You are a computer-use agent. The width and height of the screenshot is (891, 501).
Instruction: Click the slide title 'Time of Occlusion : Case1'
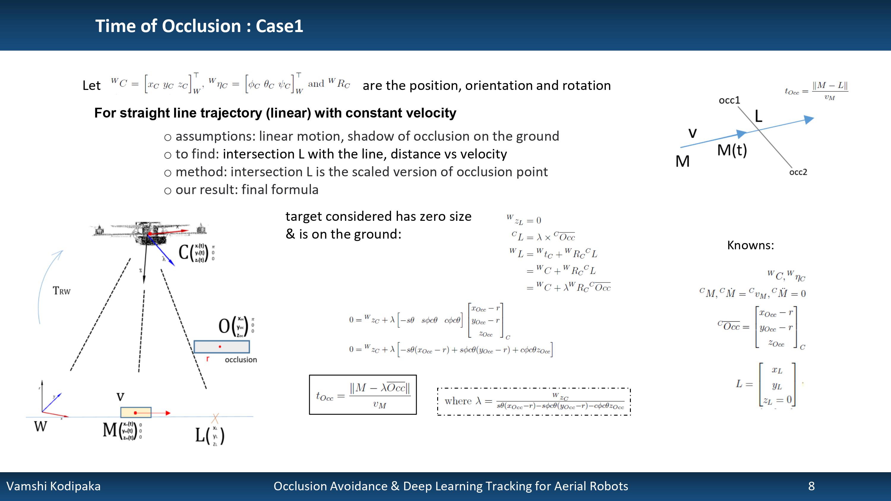[199, 26]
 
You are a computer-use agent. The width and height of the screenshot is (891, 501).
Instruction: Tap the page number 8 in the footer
[811, 486]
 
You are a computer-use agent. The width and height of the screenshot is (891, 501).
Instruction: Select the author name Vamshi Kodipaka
[54, 486]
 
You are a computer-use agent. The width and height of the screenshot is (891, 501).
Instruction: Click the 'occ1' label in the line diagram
[729, 100]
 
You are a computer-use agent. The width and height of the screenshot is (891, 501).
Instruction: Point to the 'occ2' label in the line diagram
[798, 172]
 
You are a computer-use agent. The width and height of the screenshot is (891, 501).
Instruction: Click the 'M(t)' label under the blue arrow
[732, 150]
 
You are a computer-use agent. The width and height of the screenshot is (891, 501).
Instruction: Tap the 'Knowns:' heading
[750, 245]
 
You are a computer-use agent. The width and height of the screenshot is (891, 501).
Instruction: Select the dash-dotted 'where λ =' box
[534, 401]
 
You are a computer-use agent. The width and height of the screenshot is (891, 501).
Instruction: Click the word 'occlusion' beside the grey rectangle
[241, 360]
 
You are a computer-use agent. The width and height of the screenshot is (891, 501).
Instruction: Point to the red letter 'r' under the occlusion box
[208, 359]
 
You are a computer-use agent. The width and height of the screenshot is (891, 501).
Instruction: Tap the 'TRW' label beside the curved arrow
[61, 291]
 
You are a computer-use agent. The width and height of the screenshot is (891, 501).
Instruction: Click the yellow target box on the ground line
[136, 413]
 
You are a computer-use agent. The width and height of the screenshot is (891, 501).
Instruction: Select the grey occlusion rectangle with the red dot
[221, 346]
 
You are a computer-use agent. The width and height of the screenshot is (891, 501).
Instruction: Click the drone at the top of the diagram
[149, 232]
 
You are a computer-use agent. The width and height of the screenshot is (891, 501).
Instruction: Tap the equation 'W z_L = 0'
[524, 220]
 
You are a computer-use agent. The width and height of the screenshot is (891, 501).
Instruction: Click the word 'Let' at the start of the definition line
[91, 85]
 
